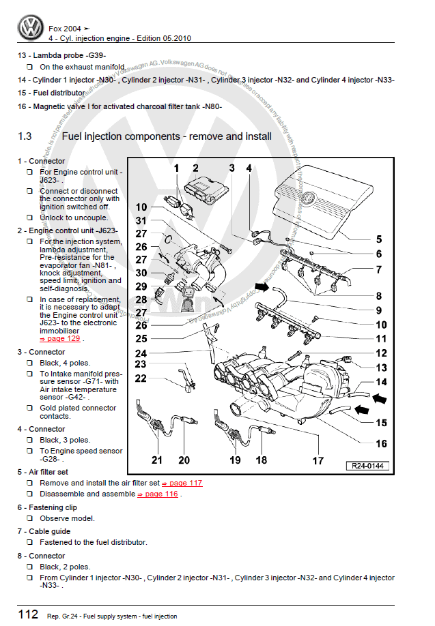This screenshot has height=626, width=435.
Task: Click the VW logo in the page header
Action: click(x=30, y=29)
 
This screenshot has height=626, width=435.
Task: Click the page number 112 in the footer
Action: click(x=28, y=614)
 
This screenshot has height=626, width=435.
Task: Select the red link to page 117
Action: click(x=185, y=483)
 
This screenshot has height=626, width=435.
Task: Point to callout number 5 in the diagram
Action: click(x=379, y=239)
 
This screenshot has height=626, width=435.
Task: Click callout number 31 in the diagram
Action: click(x=141, y=220)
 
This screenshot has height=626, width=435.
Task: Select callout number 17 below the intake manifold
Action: click(x=318, y=460)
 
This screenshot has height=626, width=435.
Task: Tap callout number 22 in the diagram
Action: click(x=141, y=379)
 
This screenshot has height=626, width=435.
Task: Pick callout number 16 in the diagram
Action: click(x=381, y=443)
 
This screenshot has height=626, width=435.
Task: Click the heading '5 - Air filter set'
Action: click(x=43, y=472)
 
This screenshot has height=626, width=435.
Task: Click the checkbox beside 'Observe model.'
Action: click(x=30, y=518)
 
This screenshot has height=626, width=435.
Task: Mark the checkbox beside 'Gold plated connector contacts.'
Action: click(x=30, y=408)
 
